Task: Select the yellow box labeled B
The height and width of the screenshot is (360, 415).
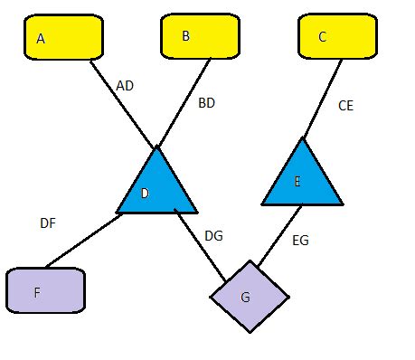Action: pos(200,37)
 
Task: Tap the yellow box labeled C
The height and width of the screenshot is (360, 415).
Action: pos(337,37)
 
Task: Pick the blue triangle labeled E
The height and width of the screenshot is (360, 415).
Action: pos(302,181)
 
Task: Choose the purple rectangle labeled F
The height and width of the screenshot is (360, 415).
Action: pos(45,291)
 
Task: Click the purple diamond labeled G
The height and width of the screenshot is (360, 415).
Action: pos(250,296)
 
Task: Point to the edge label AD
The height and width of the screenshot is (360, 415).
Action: pos(125,86)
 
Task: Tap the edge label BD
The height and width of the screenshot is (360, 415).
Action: pos(206,102)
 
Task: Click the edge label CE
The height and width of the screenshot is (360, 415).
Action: pos(345,106)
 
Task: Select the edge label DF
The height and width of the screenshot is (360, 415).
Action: pos(48,223)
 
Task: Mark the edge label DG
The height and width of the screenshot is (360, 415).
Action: pos(213,236)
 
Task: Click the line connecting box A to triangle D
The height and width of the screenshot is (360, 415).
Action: pos(122,103)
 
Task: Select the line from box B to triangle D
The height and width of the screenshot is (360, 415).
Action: pos(185,101)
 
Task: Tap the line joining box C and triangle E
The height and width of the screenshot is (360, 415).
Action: pos(323,99)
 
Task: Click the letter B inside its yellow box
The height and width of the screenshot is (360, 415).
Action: pos(186,35)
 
